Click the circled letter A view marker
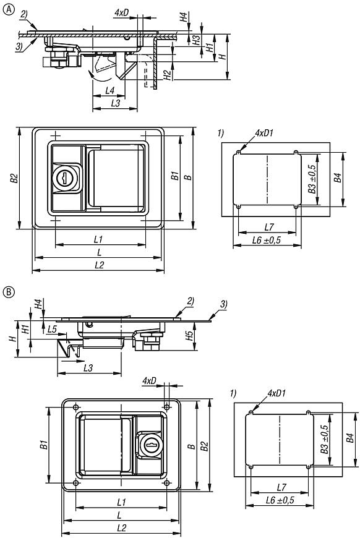pyautogui.click(x=9, y=9)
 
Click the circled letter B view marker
pyautogui.click(x=9, y=292)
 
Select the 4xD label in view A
pyautogui.click(x=121, y=13)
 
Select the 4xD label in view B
pyautogui.click(x=149, y=380)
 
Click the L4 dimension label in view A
pyautogui.click(x=110, y=90)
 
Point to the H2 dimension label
pyautogui.click(x=167, y=75)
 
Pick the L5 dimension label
pyautogui.click(x=52, y=329)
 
